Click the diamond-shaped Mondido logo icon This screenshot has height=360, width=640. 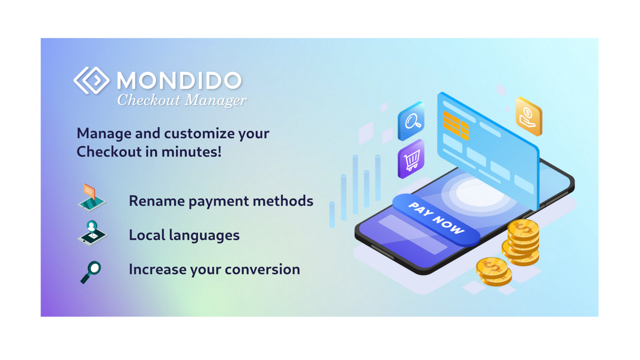[x=91, y=80]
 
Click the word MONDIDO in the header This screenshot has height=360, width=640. [x=179, y=80]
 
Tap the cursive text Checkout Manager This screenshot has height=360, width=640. [x=182, y=100]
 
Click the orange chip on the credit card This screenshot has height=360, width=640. [x=455, y=125]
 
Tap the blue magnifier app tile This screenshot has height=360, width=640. [x=411, y=121]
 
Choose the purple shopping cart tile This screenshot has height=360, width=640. [x=411, y=159]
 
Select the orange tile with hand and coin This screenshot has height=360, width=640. [x=528, y=117]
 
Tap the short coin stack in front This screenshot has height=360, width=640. [x=493, y=271]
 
